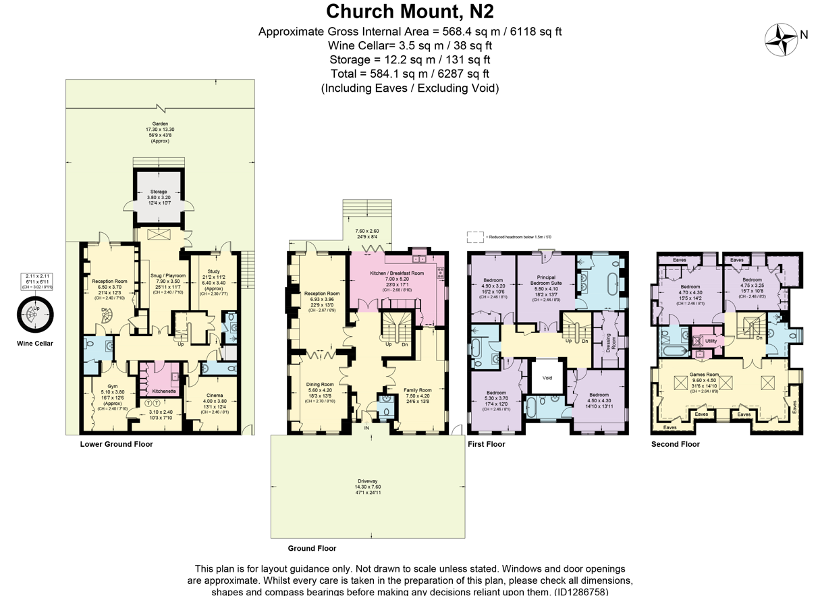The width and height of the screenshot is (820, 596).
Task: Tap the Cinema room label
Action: (x=213, y=396)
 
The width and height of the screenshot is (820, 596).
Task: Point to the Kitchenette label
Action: (x=163, y=391)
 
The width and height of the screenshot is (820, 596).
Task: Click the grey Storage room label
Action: (x=159, y=192)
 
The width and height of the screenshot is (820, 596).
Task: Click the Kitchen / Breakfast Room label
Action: (x=396, y=273)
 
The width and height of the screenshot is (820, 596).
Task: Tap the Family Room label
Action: (x=417, y=390)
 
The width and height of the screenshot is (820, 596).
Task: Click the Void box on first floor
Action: (x=547, y=378)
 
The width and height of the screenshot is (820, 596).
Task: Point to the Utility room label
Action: (x=710, y=342)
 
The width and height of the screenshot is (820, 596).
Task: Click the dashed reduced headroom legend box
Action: (x=475, y=236)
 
